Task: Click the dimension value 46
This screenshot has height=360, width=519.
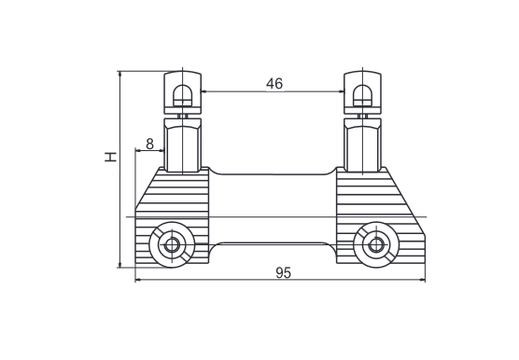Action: [274, 84]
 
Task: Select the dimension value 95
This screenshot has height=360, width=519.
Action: [284, 273]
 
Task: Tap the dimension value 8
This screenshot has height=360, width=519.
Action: [149, 144]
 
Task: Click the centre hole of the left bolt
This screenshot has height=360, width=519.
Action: [171, 245]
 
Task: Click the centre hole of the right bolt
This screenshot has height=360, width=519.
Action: [375, 245]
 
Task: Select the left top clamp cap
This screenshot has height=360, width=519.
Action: [183, 93]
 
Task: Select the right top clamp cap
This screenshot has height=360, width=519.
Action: [362, 93]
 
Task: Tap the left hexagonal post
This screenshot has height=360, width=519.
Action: [183, 145]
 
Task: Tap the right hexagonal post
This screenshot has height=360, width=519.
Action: [362, 145]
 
